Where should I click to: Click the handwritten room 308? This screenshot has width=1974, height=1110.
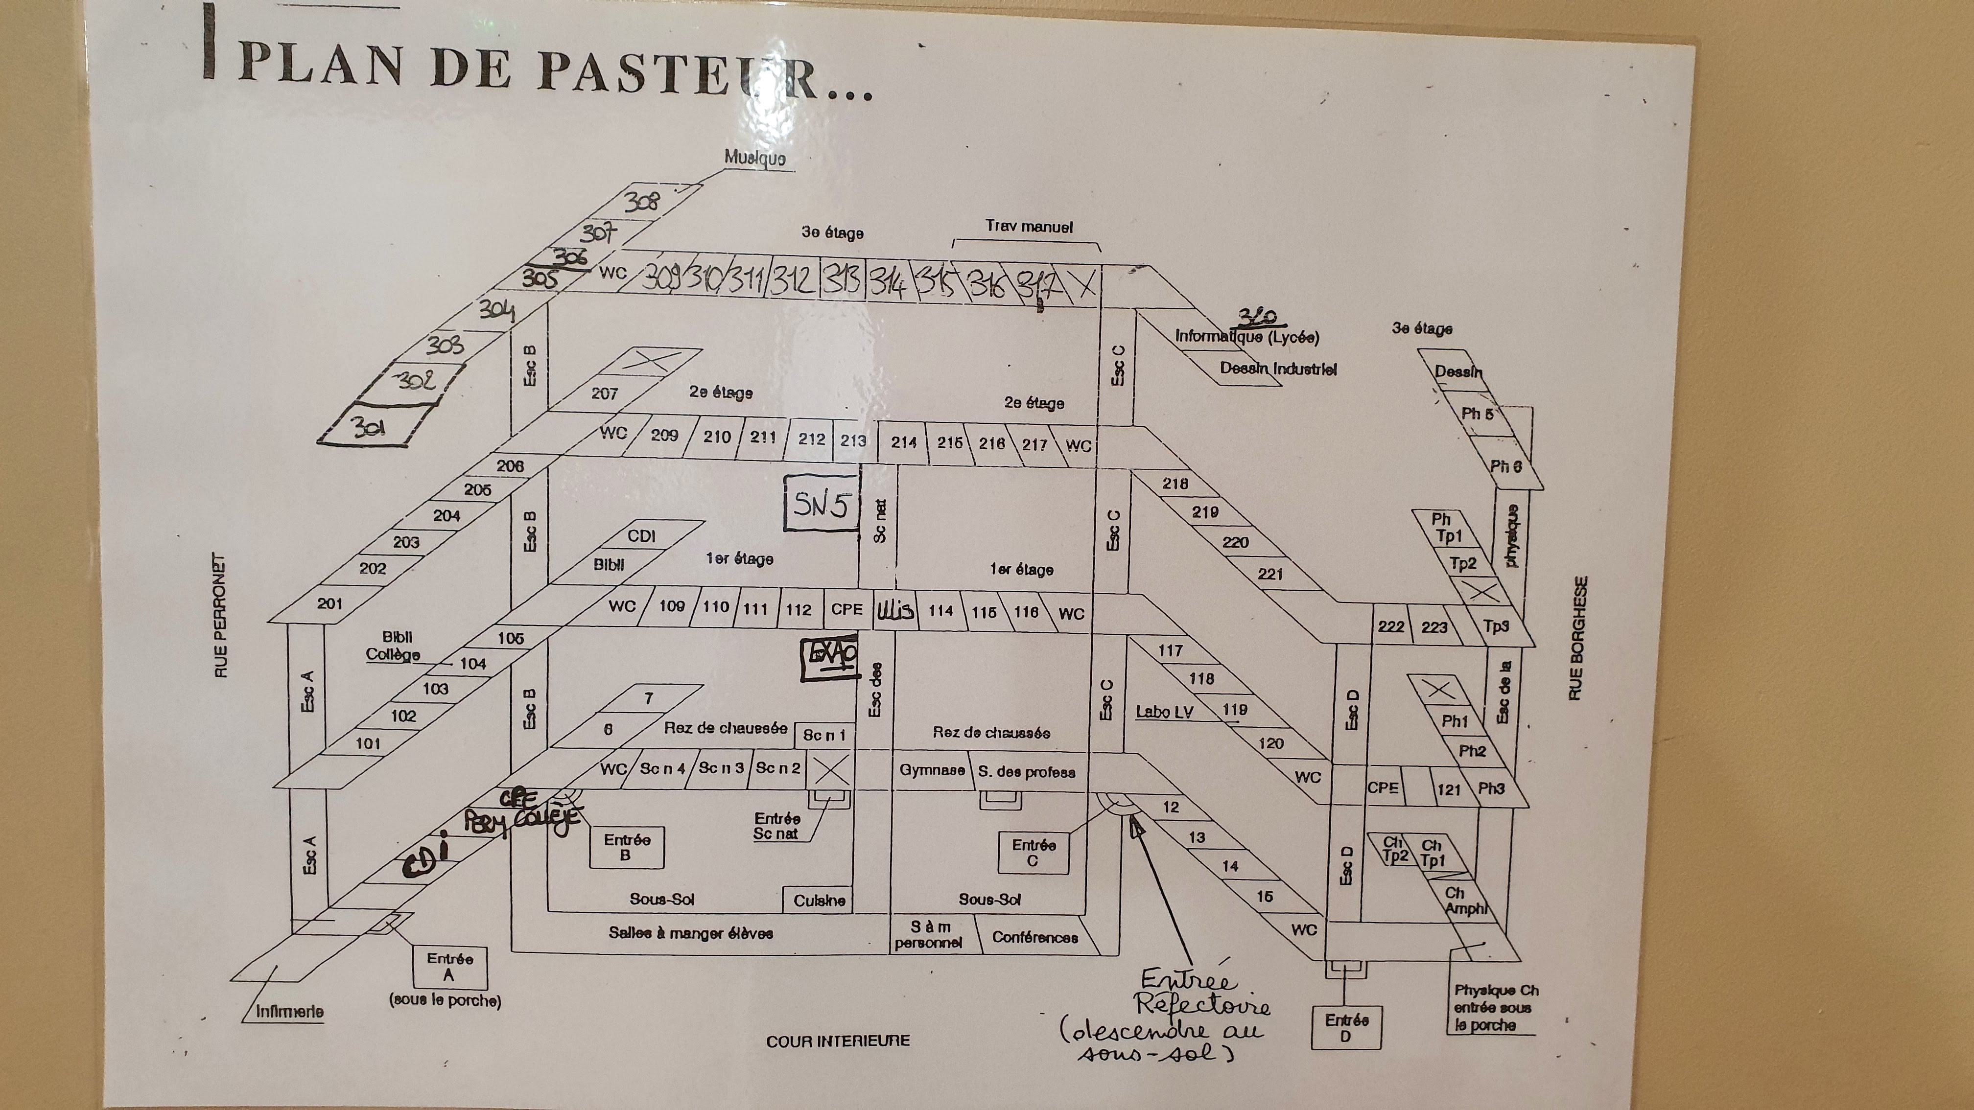point(641,202)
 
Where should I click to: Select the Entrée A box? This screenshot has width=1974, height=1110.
point(450,967)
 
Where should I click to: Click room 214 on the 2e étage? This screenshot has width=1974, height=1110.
point(903,442)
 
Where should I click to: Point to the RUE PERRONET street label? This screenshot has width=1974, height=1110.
point(221,617)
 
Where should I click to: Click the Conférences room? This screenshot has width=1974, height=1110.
point(1034,937)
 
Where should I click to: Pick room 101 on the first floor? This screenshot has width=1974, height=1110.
point(368,743)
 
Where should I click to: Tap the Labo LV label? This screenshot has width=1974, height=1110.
point(1164,712)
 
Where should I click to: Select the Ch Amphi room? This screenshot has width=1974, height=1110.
point(1464,902)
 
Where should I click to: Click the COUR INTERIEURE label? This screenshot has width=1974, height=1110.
point(838,1041)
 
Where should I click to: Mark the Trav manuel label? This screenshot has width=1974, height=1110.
point(1029,227)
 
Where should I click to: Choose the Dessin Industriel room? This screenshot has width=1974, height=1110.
point(1277,369)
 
